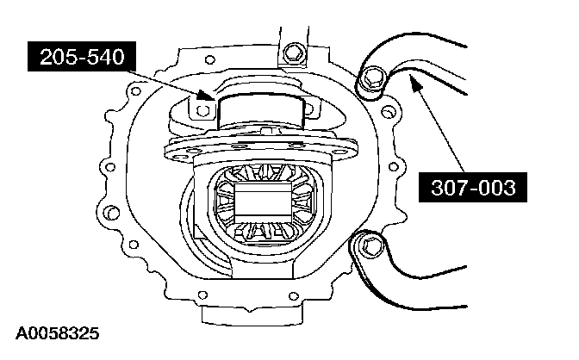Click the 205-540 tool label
click(x=82, y=57)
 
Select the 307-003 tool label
click(x=473, y=187)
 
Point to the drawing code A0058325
click(x=57, y=333)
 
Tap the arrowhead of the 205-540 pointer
click(x=206, y=95)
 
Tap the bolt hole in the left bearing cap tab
click(x=202, y=110)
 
